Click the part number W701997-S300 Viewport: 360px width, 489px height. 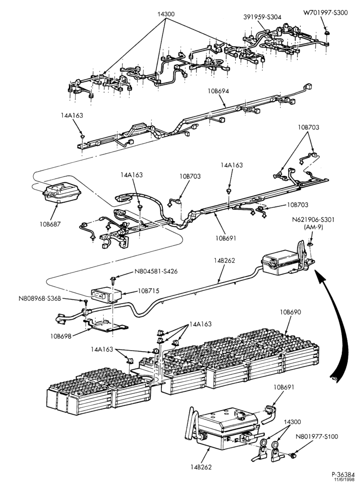(x=325, y=13)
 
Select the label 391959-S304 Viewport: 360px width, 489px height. (x=262, y=17)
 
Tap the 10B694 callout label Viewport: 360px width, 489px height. (x=218, y=91)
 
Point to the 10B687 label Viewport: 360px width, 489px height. (x=50, y=223)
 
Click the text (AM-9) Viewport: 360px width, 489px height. (x=314, y=227)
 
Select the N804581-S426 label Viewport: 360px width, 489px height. (x=156, y=271)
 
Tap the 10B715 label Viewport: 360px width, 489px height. (x=149, y=291)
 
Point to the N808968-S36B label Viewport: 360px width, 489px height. (x=39, y=299)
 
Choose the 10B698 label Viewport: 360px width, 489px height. (x=60, y=336)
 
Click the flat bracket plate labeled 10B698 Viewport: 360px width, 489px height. (x=106, y=326)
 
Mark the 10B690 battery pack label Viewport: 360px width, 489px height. (x=291, y=312)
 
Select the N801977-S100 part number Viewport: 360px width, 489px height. (x=316, y=437)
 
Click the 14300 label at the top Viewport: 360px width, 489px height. (x=166, y=14)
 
